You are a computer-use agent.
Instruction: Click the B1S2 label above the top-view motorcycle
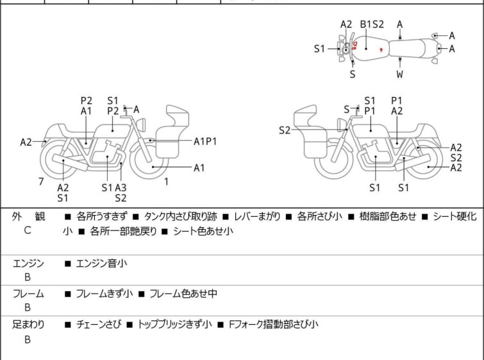pyautogui.click(x=372, y=24)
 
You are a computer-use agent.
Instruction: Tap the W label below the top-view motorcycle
pyautogui.click(x=400, y=74)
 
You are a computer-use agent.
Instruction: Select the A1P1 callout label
pyautogui.click(x=205, y=141)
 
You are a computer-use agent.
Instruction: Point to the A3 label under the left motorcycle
pyautogui.click(x=121, y=187)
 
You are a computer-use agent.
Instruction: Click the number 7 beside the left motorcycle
pyautogui.click(x=41, y=182)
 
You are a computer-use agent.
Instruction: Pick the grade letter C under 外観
pyautogui.click(x=28, y=230)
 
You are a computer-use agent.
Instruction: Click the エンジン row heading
pyautogui.click(x=28, y=263)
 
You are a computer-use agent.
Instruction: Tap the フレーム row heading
pyautogui.click(x=28, y=294)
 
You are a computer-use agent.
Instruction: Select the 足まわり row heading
pyautogui.click(x=28, y=325)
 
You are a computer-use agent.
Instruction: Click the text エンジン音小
pyautogui.click(x=102, y=263)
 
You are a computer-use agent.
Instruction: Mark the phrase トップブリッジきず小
pyautogui.click(x=174, y=325)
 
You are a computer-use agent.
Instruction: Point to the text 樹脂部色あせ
pyautogui.click(x=388, y=216)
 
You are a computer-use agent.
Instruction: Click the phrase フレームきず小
pyautogui.click(x=104, y=294)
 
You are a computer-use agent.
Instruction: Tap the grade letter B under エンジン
pyautogui.click(x=28, y=277)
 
